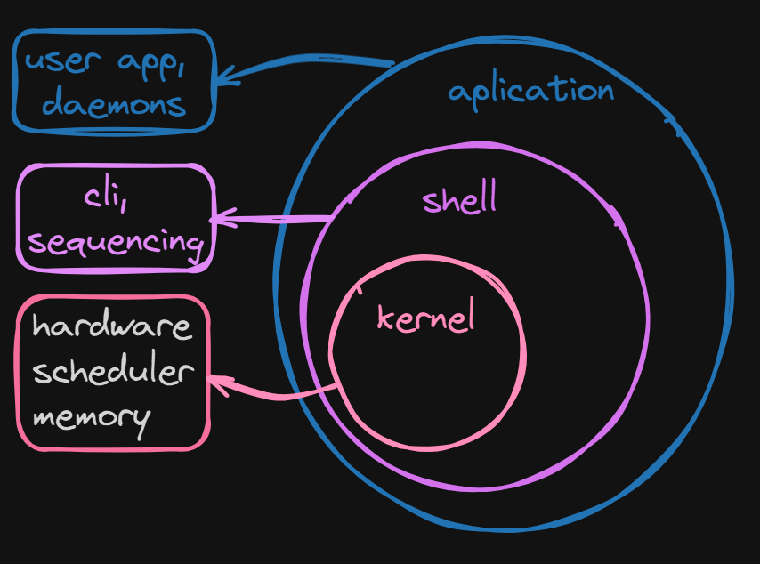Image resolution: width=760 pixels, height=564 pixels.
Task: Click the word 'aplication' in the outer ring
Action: point(530,91)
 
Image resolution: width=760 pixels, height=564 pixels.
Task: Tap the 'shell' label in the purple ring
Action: point(459,199)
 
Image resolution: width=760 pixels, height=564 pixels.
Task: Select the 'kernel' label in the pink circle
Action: point(426,318)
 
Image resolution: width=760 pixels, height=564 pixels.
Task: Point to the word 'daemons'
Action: point(114,105)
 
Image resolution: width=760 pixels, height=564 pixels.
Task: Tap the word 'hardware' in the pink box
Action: point(112,326)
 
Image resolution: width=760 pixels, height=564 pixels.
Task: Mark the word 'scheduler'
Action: point(113,371)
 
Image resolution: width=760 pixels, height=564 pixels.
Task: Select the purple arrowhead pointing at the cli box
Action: point(218,218)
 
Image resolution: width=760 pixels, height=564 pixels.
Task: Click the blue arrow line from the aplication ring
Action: point(311,62)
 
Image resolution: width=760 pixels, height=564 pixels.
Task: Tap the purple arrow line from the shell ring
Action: point(276,219)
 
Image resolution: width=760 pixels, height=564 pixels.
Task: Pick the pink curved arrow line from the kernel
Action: point(285,394)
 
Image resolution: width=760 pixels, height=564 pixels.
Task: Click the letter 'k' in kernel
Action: point(385,318)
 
